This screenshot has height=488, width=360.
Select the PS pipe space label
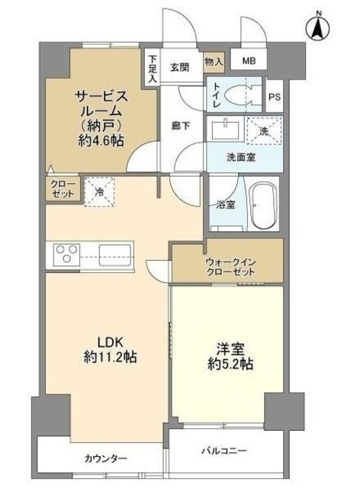pos(275,97)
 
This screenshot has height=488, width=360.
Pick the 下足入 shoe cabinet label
pos(153,67)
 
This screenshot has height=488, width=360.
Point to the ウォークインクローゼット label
pos(230,268)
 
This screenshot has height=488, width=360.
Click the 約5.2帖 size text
pos(230,364)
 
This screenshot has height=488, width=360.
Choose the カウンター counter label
pos(106,457)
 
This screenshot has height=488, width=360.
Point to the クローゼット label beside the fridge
pos(63,189)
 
